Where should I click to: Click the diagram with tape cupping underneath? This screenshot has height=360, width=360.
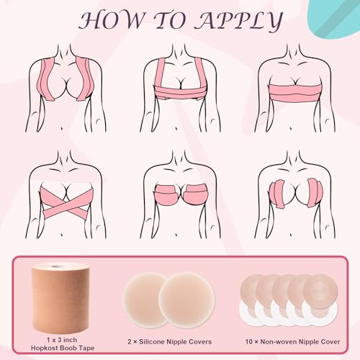click(x=179, y=197)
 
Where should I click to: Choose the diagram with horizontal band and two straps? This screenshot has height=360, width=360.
click(x=179, y=88)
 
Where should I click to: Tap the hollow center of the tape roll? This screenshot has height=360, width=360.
click(x=63, y=267)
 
